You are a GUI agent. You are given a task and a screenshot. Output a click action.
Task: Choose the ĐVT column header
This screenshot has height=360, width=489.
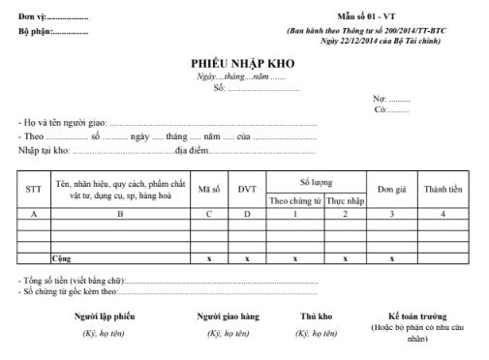click(247, 190)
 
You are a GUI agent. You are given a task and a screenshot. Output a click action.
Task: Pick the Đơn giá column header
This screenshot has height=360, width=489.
click(391, 190)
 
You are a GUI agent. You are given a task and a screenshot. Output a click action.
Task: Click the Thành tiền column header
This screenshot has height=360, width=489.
click(442, 190)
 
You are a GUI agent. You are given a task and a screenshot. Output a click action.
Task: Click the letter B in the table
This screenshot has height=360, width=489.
click(119, 214)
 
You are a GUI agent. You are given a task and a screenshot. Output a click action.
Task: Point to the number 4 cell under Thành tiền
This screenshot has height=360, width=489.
click(442, 214)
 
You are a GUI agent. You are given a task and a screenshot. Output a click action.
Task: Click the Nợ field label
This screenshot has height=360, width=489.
click(380, 100)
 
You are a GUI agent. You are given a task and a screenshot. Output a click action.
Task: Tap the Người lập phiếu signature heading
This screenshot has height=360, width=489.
click(105, 316)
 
